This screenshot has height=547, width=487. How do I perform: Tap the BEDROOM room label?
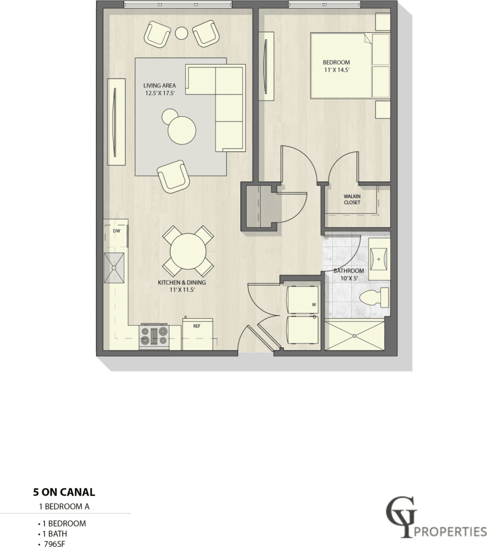pos(336,66)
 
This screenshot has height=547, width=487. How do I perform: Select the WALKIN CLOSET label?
pos(352,200)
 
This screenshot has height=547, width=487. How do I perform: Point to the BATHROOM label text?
pos(349,274)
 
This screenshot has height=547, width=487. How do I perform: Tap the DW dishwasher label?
pos(116,231)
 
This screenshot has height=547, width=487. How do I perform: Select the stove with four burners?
pos(154,337)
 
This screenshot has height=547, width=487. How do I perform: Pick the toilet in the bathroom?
pos(374,296)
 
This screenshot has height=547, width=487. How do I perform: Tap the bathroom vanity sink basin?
pos(380,257)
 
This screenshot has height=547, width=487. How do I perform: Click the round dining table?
pos(188,252)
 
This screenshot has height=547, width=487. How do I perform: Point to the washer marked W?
pos(302,299)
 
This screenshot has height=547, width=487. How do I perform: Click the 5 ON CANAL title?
pos(63,492)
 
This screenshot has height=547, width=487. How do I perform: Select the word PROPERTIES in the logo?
pos(451,531)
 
